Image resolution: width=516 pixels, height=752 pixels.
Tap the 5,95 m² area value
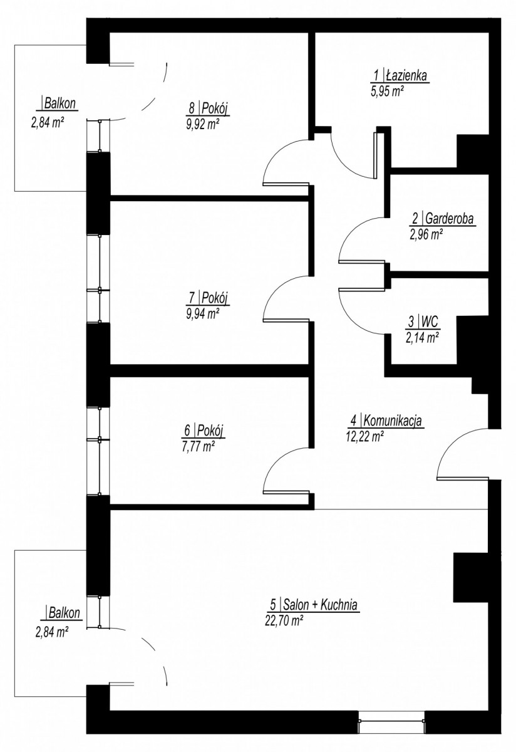click(386, 91)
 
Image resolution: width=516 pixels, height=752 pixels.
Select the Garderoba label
click(449, 219)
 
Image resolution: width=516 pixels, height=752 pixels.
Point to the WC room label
click(430, 322)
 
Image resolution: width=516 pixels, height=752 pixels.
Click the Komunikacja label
click(393, 420)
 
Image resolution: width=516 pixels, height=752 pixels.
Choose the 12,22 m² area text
click(364, 436)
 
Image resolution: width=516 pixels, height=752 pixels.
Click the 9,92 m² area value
click(203, 125)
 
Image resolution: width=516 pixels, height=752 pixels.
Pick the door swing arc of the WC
click(351, 321)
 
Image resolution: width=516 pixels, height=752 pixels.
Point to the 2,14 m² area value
click(422, 338)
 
